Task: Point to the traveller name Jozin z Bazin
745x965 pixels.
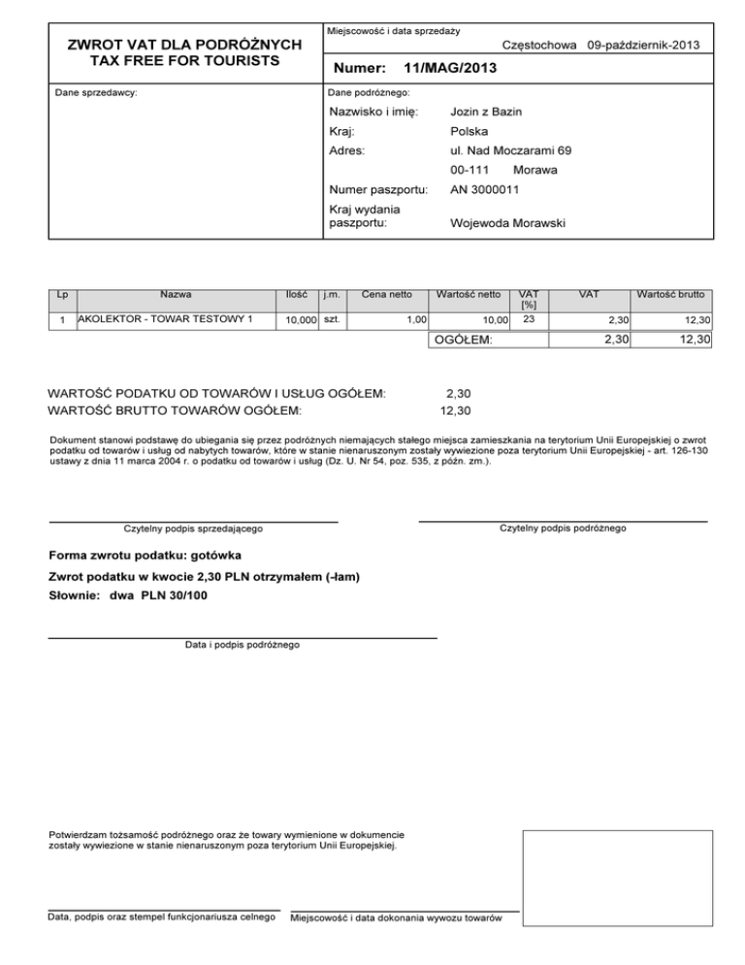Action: tap(486, 113)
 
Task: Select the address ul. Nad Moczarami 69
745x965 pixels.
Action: tap(510, 150)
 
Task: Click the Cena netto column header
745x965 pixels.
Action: tap(386, 293)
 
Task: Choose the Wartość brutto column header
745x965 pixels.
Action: tap(670, 293)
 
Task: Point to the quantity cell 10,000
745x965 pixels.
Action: tap(295, 319)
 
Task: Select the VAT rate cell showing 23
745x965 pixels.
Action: tap(529, 318)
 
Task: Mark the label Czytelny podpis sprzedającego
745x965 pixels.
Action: tap(193, 529)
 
